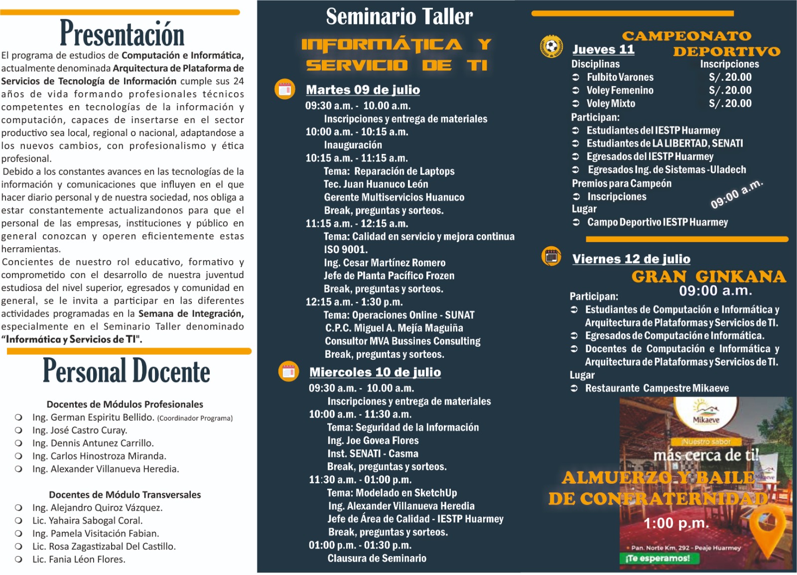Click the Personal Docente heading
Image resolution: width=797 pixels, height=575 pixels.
point(127,371)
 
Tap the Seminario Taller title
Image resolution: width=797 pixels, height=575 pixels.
point(399,16)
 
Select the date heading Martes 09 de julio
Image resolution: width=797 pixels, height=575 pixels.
point(363,90)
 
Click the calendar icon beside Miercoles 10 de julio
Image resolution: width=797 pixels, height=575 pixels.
point(288,371)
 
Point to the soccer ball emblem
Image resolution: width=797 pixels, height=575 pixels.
point(551,46)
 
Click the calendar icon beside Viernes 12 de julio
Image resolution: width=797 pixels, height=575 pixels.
point(551,257)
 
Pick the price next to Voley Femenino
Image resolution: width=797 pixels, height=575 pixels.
point(730,90)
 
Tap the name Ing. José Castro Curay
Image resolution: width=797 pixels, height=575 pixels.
point(79,430)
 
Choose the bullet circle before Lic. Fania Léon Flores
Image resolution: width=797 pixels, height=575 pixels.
point(18,560)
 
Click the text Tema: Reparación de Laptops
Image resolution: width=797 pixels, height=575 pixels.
point(389,171)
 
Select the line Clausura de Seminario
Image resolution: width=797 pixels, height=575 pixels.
point(377,559)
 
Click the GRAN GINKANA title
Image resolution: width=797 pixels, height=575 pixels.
point(708,277)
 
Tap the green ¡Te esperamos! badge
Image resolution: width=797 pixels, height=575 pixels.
point(658,559)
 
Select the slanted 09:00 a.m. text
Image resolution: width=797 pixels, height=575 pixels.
point(736,194)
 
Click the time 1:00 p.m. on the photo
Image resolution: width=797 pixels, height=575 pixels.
point(676,523)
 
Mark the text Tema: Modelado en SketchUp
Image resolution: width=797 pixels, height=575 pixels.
point(392,493)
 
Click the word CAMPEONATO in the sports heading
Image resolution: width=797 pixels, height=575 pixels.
point(686,36)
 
